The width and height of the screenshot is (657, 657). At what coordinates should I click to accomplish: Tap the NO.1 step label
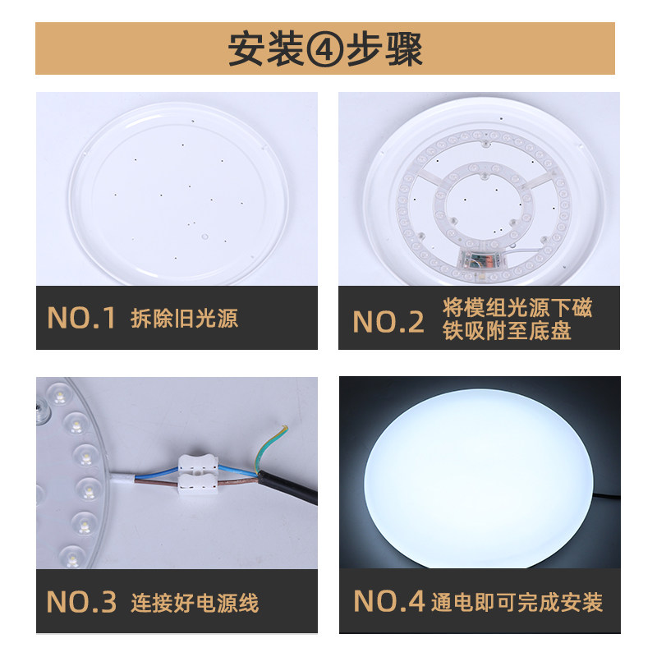point(81,319)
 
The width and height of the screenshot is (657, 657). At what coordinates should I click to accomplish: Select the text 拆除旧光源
point(184,319)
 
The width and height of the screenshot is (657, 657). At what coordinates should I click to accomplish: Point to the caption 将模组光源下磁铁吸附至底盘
point(517,320)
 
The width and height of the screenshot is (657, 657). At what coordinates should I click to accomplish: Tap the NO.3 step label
point(81,604)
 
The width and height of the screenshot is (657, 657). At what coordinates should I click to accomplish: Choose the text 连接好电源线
point(195,604)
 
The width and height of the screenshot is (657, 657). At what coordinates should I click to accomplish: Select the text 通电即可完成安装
point(517,602)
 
